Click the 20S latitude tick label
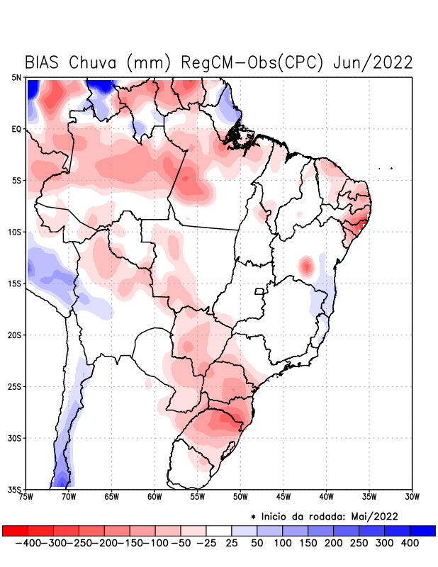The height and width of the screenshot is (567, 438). tap(15, 335)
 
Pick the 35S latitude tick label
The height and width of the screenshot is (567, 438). tap(15, 490)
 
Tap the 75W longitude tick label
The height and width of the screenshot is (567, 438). tap(27, 497)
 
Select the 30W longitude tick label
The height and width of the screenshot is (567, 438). tap(412, 497)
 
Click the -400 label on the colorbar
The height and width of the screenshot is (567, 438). tap(26, 543)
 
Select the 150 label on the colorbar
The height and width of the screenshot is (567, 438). tap(308, 543)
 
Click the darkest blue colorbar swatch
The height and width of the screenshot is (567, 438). tap(422, 531)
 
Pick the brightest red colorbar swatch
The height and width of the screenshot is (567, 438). tap(15, 531)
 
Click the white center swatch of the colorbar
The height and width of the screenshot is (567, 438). tap(218, 531)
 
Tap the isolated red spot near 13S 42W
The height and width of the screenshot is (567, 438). tap(306, 266)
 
